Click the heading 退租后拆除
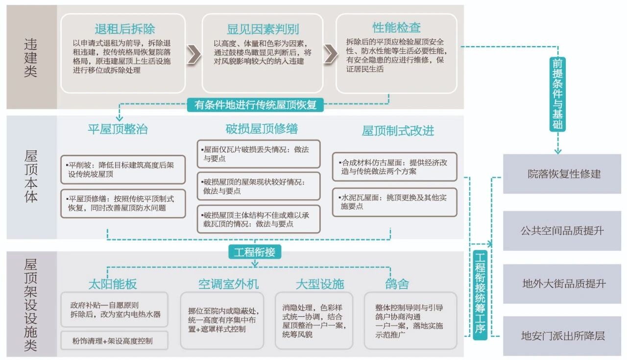pyautogui.click(x=124, y=29)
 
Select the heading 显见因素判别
pyautogui.click(x=263, y=29)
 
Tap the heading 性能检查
pyautogui.click(x=396, y=27)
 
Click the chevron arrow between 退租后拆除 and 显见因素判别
pyautogui.click(x=193, y=54)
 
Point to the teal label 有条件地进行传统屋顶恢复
pyautogui.click(x=255, y=105)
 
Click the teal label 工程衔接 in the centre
pyautogui.click(x=254, y=252)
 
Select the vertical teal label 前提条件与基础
pyautogui.click(x=557, y=94)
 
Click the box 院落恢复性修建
pyautogui.click(x=564, y=174)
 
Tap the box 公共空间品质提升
pyautogui.click(x=564, y=231)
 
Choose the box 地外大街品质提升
pyautogui.click(x=564, y=284)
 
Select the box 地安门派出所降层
pyautogui.click(x=564, y=336)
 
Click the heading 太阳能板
pyautogui.click(x=112, y=284)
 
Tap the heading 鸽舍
pyautogui.click(x=397, y=284)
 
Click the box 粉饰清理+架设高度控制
pyautogui.click(x=114, y=340)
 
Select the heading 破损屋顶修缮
pyautogui.click(x=262, y=129)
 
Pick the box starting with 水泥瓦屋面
pyautogui.click(x=394, y=202)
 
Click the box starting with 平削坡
pyautogui.click(x=123, y=169)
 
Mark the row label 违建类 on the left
pyautogui.click(x=30, y=57)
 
